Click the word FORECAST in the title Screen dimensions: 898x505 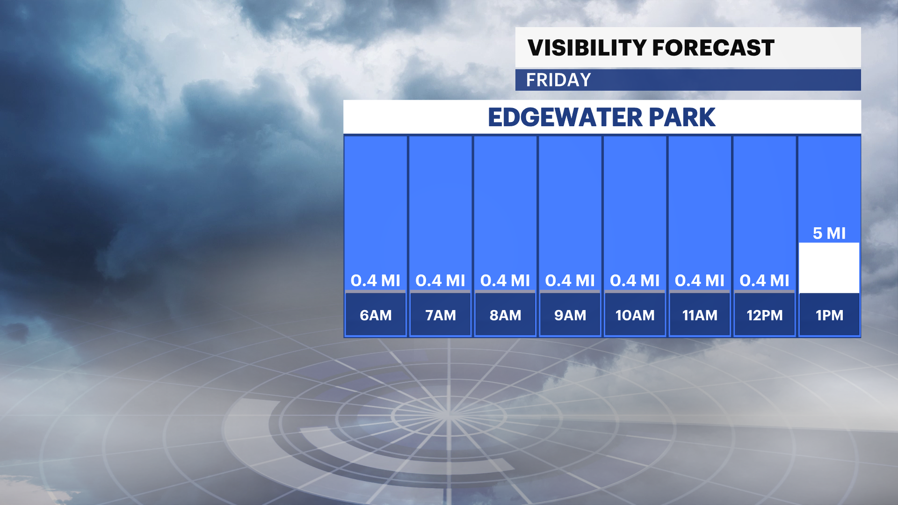713,48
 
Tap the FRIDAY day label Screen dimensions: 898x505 558,80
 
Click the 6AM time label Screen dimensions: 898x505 376,315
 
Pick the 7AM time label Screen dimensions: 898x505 441,315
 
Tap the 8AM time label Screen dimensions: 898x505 505,315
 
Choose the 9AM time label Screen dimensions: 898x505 570,315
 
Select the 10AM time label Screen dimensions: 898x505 635,315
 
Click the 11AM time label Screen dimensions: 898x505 700,315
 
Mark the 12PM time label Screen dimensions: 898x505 765,315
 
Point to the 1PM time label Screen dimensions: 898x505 830,315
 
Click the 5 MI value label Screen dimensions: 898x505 829,233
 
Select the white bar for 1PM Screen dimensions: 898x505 829,268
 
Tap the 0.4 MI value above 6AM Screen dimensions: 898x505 376,281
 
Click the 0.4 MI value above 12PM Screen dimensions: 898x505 765,281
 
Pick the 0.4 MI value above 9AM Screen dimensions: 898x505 570,281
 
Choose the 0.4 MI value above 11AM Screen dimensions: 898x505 700,281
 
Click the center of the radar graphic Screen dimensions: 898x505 448,415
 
